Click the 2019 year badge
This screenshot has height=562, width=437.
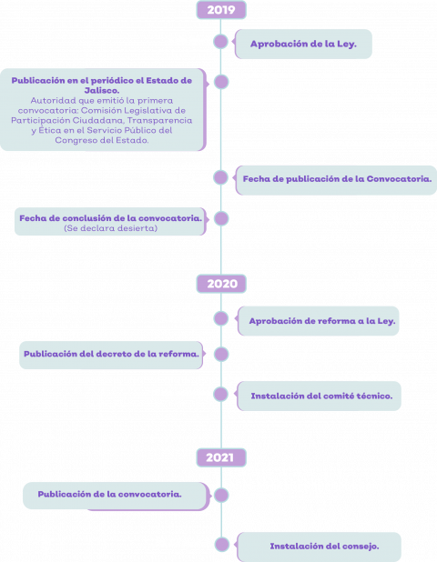click(221, 10)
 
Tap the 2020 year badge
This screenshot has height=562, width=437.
click(221, 284)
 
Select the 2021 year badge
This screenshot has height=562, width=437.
click(221, 457)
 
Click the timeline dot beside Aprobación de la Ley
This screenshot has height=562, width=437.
click(220, 42)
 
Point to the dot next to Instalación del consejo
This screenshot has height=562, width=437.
click(222, 545)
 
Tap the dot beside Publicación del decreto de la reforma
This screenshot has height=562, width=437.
click(221, 354)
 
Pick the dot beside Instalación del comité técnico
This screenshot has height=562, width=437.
click(220, 395)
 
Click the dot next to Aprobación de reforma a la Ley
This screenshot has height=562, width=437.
click(220, 318)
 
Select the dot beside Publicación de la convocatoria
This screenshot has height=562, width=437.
click(221, 495)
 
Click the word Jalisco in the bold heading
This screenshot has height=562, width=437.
click(102, 90)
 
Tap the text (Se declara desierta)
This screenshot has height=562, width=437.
click(110, 228)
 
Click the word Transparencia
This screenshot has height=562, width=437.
click(159, 120)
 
